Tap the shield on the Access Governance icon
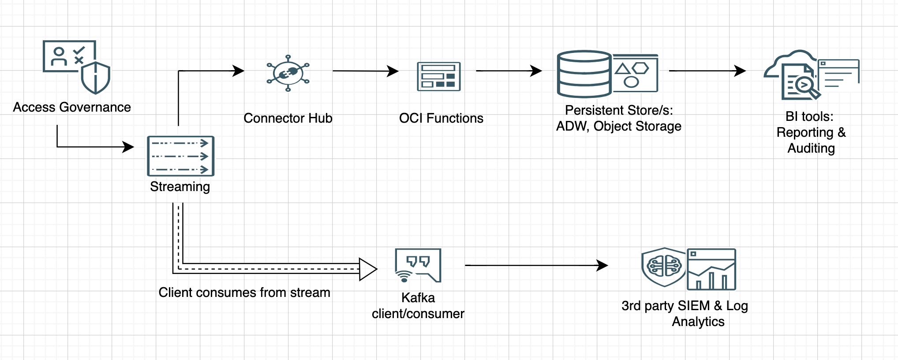coord(96,78)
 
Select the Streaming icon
coord(180,156)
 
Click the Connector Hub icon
coord(288,73)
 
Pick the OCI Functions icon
coord(439,77)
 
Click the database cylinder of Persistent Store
coord(584,74)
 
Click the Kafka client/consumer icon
coord(418,265)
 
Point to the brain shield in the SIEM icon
coord(664,266)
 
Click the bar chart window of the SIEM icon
coord(711,269)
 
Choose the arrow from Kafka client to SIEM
coord(536,265)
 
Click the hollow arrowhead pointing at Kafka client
coord(367,269)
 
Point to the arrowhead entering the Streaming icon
coord(128,147)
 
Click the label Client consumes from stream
coord(244,292)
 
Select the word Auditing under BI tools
coord(811,148)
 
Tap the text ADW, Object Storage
coord(618,126)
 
